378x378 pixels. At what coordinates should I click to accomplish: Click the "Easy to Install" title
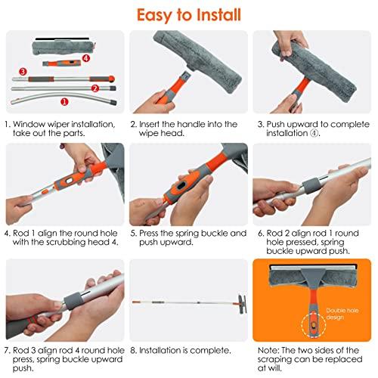(189, 13)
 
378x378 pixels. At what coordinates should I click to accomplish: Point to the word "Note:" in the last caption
(269, 350)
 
